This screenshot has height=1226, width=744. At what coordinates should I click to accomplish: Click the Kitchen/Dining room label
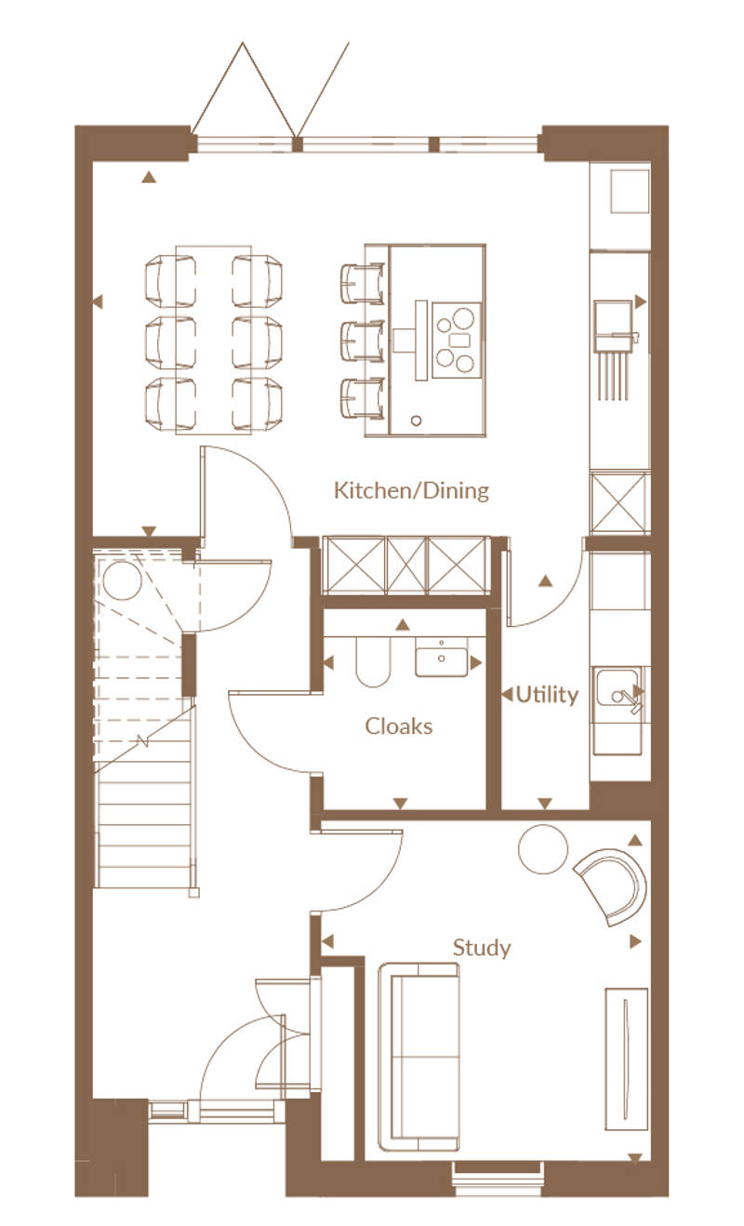[411, 490]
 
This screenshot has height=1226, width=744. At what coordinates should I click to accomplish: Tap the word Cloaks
[398, 726]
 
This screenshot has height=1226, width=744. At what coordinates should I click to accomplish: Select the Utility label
[547, 695]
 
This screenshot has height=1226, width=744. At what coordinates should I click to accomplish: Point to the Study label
[482, 948]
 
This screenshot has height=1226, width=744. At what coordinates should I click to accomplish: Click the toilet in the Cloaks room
[373, 661]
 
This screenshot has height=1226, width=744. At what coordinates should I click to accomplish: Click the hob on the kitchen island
[457, 340]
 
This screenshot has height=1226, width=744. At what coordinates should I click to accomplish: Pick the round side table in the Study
[543, 849]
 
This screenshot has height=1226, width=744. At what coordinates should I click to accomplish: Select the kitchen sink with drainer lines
[615, 349]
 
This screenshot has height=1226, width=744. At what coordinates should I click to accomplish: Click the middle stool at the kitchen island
[362, 341]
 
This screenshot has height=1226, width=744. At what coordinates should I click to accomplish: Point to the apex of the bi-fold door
[243, 43]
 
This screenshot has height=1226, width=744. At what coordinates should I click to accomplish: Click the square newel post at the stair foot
[193, 893]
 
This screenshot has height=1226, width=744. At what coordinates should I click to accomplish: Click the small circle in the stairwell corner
[123, 580]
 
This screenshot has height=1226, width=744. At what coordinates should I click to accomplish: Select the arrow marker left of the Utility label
[507, 695]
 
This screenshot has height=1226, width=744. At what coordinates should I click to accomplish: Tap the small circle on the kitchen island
[417, 420]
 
